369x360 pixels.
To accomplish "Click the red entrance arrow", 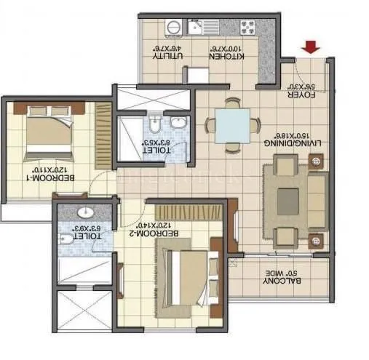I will point(312,48).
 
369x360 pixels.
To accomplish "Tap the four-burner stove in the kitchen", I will point(247,29).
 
